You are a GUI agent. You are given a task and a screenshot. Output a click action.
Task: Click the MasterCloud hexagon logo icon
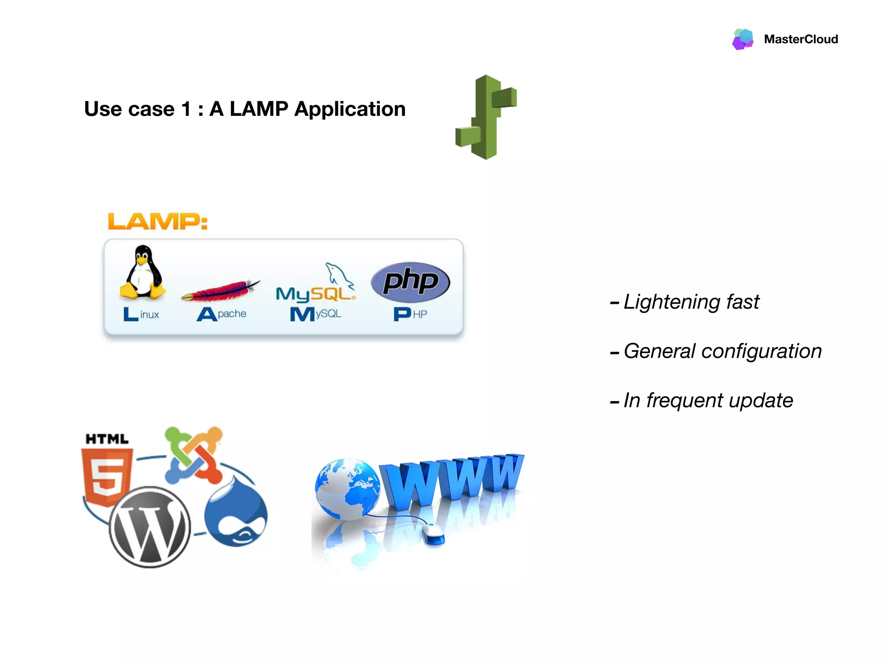coord(743,39)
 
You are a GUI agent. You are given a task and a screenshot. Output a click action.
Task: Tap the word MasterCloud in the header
coord(801,39)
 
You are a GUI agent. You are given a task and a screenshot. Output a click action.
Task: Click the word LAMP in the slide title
coord(258,109)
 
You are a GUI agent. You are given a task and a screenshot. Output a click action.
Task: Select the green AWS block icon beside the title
coord(487,117)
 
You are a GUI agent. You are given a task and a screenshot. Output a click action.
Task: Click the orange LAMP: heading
coord(158,221)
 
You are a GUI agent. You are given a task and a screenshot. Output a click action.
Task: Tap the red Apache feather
coord(221,290)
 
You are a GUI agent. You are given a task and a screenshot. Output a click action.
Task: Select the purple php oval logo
coord(411,282)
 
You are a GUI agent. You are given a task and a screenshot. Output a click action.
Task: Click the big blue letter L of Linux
coord(130,314)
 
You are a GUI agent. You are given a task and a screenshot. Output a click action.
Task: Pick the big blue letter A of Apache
coord(207,314)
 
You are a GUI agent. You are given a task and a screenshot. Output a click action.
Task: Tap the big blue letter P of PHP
coord(402,314)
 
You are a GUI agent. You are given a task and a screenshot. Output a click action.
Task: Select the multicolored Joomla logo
coord(194,455)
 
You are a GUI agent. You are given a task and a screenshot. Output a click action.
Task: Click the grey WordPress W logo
coord(150,527)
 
